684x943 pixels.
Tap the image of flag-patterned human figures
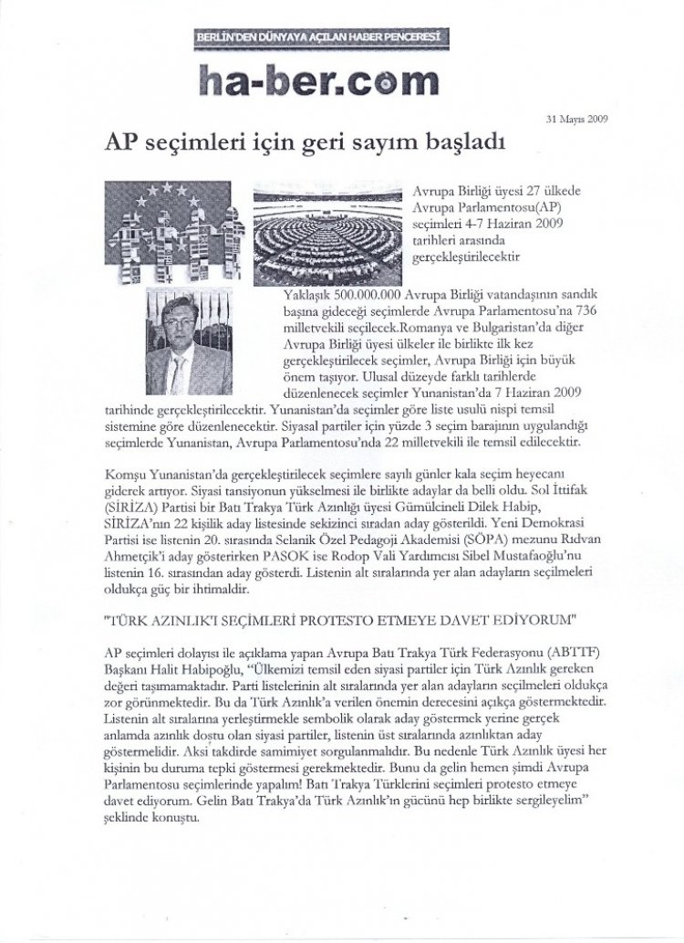174,229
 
